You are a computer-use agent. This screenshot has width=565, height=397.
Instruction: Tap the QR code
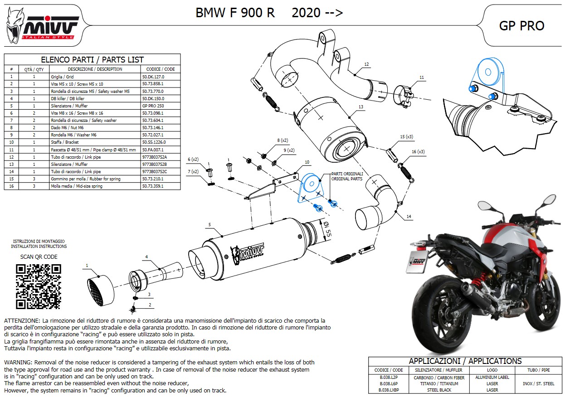pyautogui.click(x=38, y=286)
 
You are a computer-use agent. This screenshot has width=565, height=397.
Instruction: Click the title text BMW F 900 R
pyautogui.click(x=235, y=13)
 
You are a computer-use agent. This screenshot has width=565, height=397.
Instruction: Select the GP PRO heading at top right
pyautogui.click(x=521, y=26)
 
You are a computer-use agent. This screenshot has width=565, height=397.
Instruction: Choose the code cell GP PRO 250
pyautogui.click(x=153, y=106)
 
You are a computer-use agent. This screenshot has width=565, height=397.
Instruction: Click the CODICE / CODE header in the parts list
pyautogui.click(x=160, y=69)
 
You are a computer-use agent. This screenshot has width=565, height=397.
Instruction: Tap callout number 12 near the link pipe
pyautogui.click(x=366, y=64)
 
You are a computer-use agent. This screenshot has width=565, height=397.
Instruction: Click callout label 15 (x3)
pyautogui.click(x=406, y=136)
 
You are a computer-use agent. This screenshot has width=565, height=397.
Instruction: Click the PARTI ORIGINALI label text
pyautogui.click(x=347, y=174)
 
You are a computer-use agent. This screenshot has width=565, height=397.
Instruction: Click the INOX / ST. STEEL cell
pyautogui.click(x=539, y=383)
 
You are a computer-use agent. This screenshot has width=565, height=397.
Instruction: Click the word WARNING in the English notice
pyautogui.click(x=18, y=363)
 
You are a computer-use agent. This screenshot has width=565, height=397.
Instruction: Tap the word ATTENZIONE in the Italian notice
pyautogui.click(x=22, y=320)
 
